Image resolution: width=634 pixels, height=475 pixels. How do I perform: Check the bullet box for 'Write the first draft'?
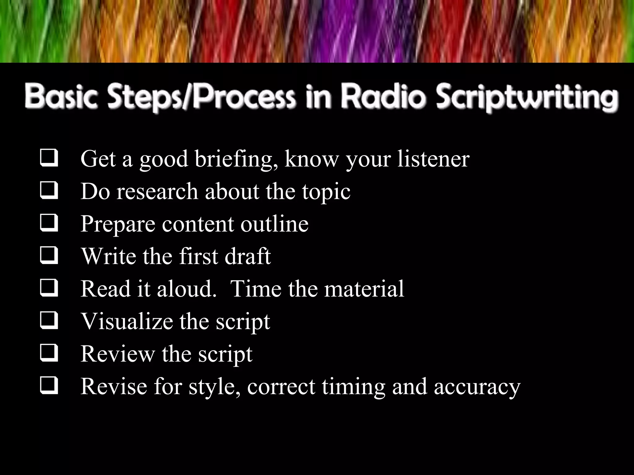pos(49,255)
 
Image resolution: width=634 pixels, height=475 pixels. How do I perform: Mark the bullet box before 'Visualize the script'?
pos(49,320)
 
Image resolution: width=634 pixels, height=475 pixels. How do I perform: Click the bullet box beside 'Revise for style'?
pos(49,385)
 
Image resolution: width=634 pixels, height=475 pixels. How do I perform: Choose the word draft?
pos(248,256)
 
